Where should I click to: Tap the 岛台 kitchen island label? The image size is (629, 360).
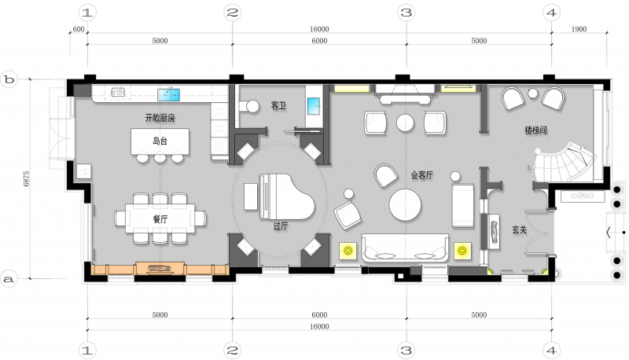click(x=160, y=141)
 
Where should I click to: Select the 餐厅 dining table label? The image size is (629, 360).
click(x=160, y=219)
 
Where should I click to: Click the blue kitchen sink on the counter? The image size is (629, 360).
click(x=168, y=94)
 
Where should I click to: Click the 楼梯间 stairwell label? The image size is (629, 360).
click(x=535, y=130)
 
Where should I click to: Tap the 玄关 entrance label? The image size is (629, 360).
click(x=519, y=230)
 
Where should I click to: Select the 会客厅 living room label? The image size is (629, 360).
click(x=421, y=175)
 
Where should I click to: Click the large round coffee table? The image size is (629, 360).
click(x=405, y=205)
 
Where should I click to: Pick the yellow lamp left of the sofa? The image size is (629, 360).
click(x=348, y=251)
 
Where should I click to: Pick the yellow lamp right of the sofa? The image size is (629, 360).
click(x=462, y=251)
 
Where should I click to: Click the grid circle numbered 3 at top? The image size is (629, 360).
click(x=406, y=13)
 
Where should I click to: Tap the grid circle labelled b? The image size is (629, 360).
click(x=9, y=79)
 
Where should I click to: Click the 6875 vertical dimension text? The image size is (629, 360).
click(x=26, y=178)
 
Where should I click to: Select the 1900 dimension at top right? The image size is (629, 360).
click(x=579, y=29)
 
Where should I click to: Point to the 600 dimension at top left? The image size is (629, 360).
click(x=79, y=29)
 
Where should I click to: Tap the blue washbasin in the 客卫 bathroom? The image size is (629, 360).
click(x=314, y=106)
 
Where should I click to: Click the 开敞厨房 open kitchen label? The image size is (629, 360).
click(x=160, y=118)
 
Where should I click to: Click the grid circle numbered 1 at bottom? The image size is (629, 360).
click(x=87, y=351)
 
